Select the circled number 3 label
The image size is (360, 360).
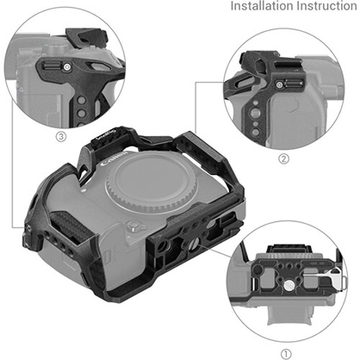(x=61, y=135)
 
